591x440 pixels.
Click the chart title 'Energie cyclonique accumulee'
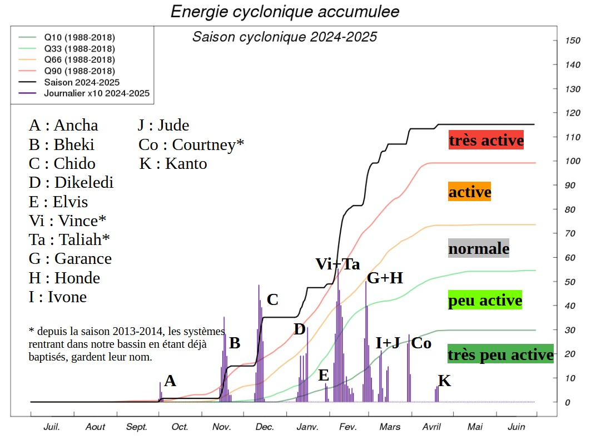coord(285,11)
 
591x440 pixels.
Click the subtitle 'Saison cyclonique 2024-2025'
coord(285,37)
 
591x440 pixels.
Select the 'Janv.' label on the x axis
coord(307,427)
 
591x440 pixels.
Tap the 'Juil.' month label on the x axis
coord(52,427)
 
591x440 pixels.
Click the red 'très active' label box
coord(486,140)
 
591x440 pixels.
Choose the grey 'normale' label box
coord(479,248)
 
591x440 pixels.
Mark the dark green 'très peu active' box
coord(500,354)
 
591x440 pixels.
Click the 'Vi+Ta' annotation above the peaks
coord(337,264)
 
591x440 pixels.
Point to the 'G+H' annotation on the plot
coord(385,278)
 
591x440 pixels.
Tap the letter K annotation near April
coord(444,381)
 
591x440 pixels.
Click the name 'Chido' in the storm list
coord(75,164)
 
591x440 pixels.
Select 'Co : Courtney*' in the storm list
coord(191,145)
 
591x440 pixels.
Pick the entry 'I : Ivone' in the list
coord(58,297)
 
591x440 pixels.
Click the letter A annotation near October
coord(170,381)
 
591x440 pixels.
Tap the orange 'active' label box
coord(470,192)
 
